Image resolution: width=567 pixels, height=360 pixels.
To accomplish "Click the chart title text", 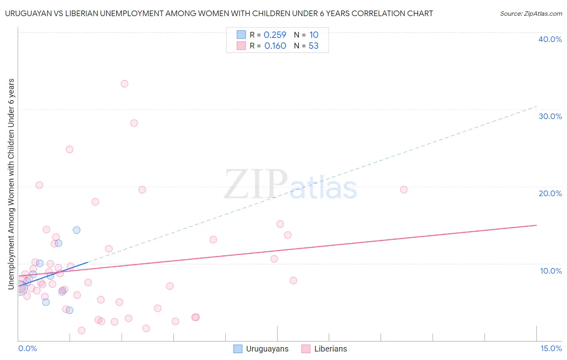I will pyautogui.click(x=219, y=13).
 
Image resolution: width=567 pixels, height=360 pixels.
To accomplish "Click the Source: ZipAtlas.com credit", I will pyautogui.click(x=531, y=14).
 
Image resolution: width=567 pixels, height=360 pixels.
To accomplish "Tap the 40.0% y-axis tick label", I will pyautogui.click(x=550, y=39).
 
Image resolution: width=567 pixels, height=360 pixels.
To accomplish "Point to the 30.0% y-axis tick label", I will pyautogui.click(x=550, y=116).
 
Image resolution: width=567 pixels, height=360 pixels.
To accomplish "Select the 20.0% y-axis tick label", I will pyautogui.click(x=550, y=193).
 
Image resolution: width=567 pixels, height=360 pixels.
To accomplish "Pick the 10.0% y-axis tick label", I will pyautogui.click(x=551, y=271).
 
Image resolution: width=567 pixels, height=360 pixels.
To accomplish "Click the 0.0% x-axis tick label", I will pyautogui.click(x=27, y=348).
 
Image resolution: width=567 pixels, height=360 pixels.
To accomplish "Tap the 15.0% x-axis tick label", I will pyautogui.click(x=551, y=348).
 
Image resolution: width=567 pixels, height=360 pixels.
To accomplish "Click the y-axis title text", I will pyautogui.click(x=11, y=184).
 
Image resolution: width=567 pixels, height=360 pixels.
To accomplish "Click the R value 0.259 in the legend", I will pyautogui.click(x=275, y=35).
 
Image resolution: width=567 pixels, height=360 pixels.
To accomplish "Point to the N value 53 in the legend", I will pyautogui.click(x=313, y=46).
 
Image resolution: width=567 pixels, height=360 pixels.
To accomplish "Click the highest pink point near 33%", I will pyautogui.click(x=125, y=84).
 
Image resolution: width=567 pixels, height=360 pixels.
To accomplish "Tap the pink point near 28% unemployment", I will pyautogui.click(x=134, y=123).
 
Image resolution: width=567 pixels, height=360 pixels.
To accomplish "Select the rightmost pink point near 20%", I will pyautogui.click(x=404, y=190).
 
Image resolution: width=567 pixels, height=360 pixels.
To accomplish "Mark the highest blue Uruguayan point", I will pyautogui.click(x=77, y=230).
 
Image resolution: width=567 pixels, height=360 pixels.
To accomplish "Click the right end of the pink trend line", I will pyautogui.click(x=536, y=225).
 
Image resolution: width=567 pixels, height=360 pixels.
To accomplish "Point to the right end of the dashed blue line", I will pyautogui.click(x=536, y=106).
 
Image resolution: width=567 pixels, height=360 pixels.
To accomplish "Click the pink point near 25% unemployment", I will pyautogui.click(x=69, y=149).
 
